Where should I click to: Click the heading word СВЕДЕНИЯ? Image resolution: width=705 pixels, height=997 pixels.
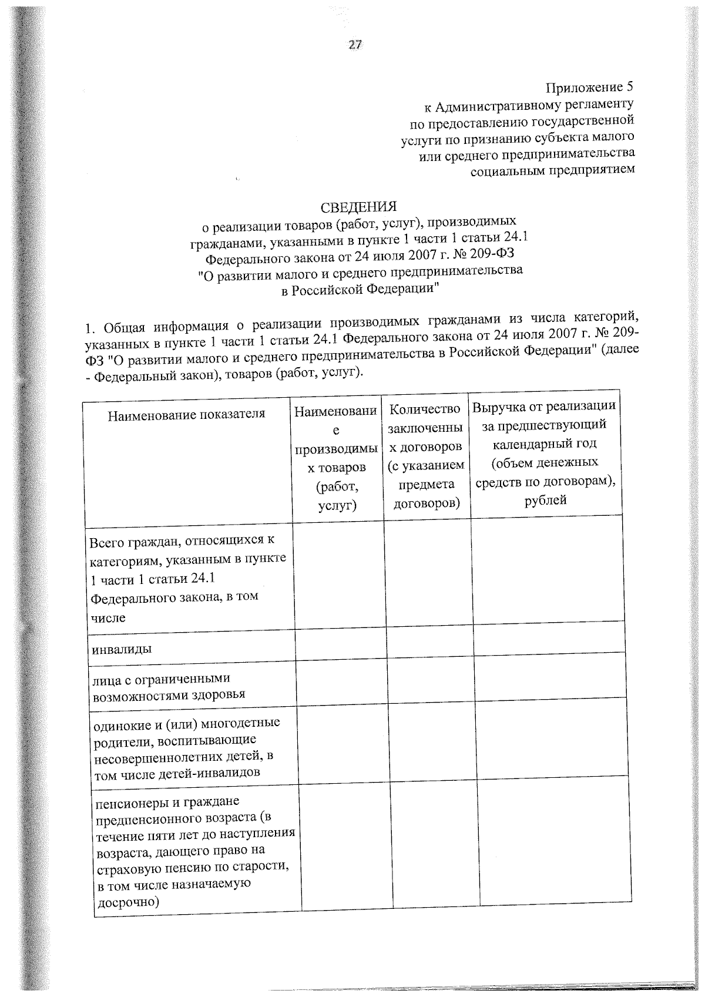[x=358, y=207]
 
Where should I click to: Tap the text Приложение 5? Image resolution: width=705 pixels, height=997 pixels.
[x=590, y=89]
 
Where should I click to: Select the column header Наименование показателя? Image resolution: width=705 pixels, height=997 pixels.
[x=187, y=414]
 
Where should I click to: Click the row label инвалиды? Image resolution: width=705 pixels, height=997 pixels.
[x=122, y=649]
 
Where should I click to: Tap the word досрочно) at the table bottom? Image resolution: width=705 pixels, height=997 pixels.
[x=127, y=903]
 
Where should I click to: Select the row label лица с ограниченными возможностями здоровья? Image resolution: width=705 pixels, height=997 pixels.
[x=169, y=687]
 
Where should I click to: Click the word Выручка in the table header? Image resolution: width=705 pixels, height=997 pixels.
[x=497, y=406]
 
